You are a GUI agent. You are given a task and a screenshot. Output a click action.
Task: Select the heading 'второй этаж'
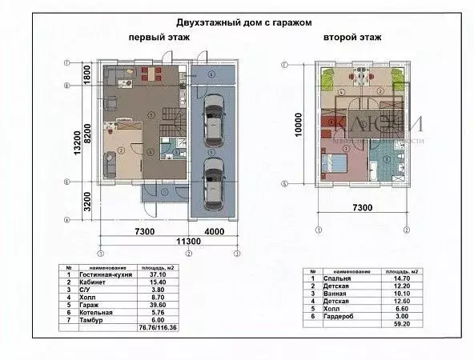point(352,38)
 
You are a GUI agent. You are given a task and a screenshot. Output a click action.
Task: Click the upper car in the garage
point(214,120)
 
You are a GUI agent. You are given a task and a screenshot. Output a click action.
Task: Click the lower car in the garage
point(214,182)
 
